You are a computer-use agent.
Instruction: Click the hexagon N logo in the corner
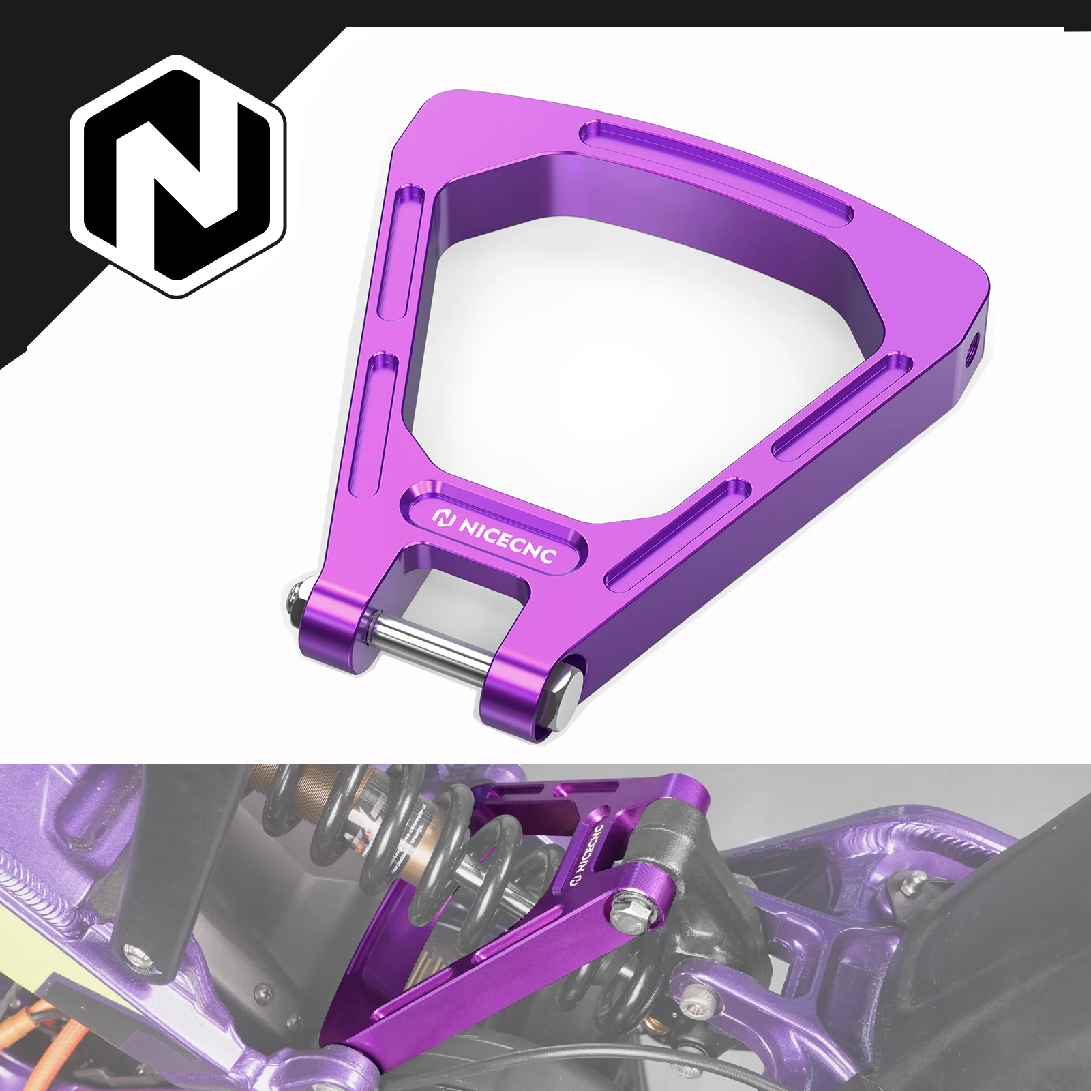[179, 176]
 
